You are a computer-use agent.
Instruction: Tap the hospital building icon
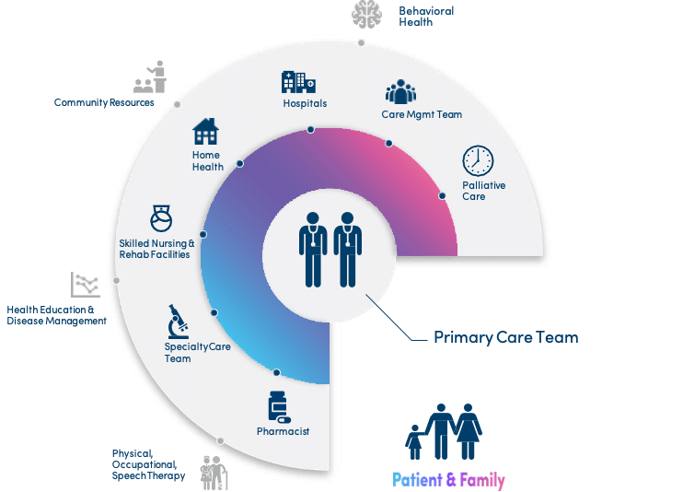294,81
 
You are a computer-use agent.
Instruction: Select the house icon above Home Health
206,132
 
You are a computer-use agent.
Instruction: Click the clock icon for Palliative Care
478,161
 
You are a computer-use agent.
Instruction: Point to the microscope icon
178,322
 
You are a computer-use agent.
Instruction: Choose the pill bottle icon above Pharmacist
278,406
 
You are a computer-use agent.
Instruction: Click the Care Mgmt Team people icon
402,93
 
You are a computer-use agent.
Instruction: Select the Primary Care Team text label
505,337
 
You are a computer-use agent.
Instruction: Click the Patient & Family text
448,480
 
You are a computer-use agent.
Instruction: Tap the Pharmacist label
283,431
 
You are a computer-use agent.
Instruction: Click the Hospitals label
305,103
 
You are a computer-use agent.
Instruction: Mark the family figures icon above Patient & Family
446,429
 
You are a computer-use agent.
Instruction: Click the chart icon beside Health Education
85,285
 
